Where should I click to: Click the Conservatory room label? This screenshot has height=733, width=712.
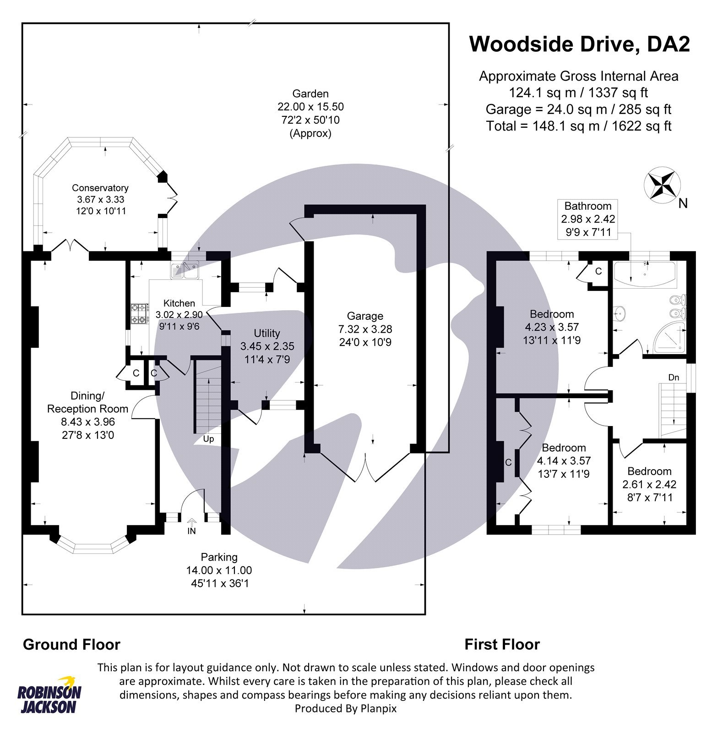tap(100, 188)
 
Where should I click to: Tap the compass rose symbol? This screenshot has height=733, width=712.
tap(662, 185)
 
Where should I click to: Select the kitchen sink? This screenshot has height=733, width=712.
tap(184, 271)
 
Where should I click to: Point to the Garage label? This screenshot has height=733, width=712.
tap(364, 316)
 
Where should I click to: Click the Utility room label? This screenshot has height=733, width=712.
tap(266, 334)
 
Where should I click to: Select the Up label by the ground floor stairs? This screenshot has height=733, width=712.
tap(208, 439)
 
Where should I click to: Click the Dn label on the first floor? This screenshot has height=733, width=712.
tap(674, 377)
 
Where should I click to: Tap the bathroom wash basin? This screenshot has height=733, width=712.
tap(619, 313)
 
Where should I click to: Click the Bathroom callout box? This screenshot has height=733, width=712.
tap(587, 219)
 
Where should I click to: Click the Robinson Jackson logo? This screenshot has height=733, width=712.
tap(49, 695)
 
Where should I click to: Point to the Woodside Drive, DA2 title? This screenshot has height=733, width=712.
tap(579, 44)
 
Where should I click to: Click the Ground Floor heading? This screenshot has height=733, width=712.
tap(71, 645)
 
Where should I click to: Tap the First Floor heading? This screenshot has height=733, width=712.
tap(502, 645)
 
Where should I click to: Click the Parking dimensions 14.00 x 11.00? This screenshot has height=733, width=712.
tap(219, 570)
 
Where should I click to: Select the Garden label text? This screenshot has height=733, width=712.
tap(310, 94)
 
